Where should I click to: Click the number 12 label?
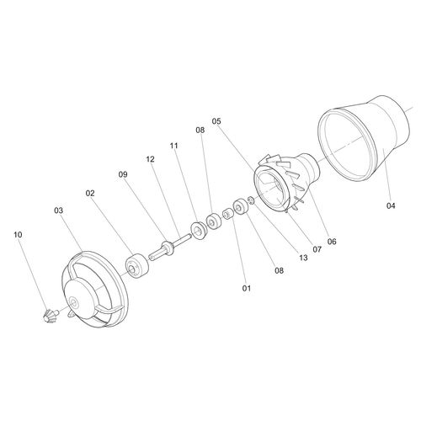149,159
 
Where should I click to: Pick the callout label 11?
174,145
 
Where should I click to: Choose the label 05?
216,120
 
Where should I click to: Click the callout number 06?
332,242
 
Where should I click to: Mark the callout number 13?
303,258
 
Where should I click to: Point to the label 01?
247,289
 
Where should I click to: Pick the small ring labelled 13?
252,203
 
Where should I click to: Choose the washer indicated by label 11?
199,228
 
